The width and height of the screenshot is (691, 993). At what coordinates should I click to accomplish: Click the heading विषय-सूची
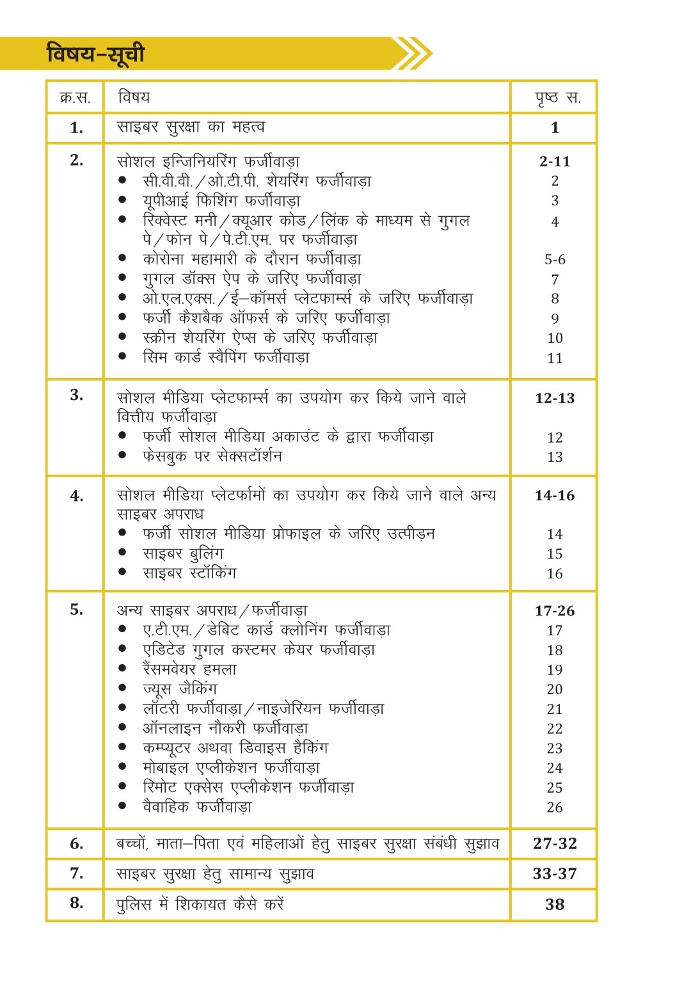pyautogui.click(x=96, y=54)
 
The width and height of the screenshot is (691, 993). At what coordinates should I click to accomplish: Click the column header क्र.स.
pyautogui.click(x=75, y=97)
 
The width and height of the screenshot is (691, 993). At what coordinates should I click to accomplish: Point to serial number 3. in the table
pyautogui.click(x=77, y=395)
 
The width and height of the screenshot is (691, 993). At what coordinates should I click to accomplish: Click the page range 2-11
pyautogui.click(x=555, y=161)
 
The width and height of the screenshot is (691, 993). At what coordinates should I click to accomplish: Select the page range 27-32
pyautogui.click(x=555, y=843)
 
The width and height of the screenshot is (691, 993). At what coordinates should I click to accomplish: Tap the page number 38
pyautogui.click(x=555, y=904)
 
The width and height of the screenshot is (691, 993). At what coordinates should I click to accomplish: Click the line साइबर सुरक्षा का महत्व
pyautogui.click(x=191, y=127)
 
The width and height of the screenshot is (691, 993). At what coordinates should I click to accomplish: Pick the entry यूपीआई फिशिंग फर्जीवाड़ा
pyautogui.click(x=221, y=201)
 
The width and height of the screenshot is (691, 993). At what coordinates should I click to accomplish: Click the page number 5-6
pyautogui.click(x=555, y=260)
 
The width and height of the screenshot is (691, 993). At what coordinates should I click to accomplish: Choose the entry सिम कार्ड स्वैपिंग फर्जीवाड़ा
pyautogui.click(x=226, y=358)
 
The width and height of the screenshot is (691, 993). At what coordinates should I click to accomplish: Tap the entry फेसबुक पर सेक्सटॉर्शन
pyautogui.click(x=212, y=456)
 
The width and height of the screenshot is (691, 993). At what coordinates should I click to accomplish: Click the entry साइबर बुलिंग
pyautogui.click(x=183, y=553)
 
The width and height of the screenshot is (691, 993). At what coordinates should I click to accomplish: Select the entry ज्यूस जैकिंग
pyautogui.click(x=180, y=689)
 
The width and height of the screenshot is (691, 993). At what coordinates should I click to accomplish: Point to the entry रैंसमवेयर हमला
pyautogui.click(x=189, y=670)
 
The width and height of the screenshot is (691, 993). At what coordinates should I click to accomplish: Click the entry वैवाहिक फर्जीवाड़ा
pyautogui.click(x=197, y=807)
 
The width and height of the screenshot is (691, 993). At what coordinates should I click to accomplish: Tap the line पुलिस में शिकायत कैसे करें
pyautogui.click(x=200, y=904)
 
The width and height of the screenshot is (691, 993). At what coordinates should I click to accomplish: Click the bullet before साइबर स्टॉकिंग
pyautogui.click(x=122, y=573)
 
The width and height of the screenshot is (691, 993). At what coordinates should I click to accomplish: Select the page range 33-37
pyautogui.click(x=555, y=873)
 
